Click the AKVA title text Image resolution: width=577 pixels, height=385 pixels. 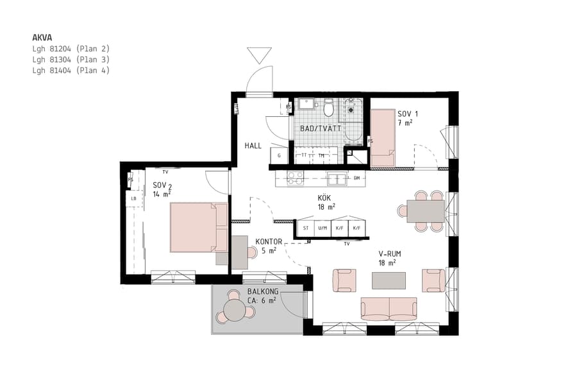click(42, 37)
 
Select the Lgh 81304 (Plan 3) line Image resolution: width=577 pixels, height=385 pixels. click(71, 60)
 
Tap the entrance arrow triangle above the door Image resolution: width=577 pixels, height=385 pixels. click(260, 55)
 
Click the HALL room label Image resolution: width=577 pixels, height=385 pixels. click(253, 146)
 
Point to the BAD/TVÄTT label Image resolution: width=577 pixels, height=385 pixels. click(321, 128)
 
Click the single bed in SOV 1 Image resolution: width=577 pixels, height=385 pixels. click(383, 137)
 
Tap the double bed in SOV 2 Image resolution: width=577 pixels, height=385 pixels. click(198, 227)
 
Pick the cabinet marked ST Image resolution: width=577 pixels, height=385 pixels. click(305, 228)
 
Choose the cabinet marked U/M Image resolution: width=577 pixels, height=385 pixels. click(322, 228)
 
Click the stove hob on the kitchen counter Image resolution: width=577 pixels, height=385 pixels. click(295, 178)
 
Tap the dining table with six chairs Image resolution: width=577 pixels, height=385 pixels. click(425, 210)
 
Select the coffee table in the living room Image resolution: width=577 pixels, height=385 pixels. click(389, 280)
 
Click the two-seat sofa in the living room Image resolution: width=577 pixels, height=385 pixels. click(389, 309)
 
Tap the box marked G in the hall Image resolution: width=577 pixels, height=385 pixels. click(279, 156)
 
